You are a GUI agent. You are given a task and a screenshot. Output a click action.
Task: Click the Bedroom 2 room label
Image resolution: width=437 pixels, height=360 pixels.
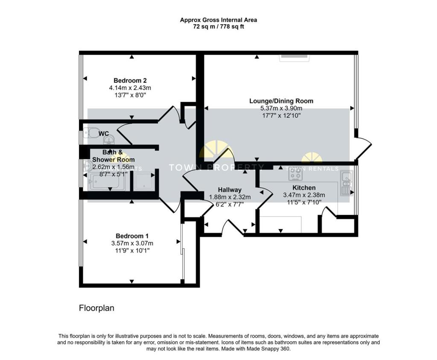coord(130,81)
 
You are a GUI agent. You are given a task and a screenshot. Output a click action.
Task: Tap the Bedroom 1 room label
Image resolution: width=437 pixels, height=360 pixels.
coord(132,236)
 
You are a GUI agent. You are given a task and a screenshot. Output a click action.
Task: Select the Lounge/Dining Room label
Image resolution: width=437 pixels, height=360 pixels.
coord(281,101)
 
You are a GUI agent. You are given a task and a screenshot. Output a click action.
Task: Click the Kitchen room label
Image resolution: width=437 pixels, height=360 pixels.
coord(304,188)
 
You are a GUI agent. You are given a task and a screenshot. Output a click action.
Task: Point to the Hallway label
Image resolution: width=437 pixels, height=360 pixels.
coord(230,190)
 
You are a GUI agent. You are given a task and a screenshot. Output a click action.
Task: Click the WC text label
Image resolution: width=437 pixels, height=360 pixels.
coord(104,134)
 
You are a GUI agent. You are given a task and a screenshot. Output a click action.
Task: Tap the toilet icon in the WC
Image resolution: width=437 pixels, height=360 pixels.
coord(92,133)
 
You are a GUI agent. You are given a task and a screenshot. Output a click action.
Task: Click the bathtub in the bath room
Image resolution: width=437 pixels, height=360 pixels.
coord(106,182)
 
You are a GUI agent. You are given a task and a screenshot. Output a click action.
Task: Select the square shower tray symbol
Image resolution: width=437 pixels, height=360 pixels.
coord(144,181)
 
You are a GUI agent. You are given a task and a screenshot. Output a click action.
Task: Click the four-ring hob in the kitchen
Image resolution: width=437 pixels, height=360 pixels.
coord(295,175)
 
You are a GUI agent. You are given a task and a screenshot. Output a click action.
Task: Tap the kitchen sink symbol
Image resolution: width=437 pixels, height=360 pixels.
coord(346,183)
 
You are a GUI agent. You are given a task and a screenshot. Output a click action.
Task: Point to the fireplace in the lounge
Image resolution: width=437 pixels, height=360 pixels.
coord(294,58)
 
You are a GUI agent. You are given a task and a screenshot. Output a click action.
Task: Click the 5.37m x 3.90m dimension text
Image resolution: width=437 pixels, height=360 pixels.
coord(281,109)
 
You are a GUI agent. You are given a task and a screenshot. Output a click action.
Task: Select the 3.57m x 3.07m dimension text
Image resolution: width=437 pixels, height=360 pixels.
coord(132,244)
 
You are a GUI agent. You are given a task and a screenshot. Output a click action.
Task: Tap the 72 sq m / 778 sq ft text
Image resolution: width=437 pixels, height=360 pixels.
coord(218,26)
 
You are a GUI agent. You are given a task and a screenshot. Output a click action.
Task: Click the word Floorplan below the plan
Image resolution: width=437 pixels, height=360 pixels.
coord(96,308)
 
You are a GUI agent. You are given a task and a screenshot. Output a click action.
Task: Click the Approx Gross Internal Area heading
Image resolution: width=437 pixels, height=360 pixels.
coord(218,20)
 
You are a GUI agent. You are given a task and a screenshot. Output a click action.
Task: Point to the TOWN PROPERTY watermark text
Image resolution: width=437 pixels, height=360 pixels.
coord(217,167)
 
